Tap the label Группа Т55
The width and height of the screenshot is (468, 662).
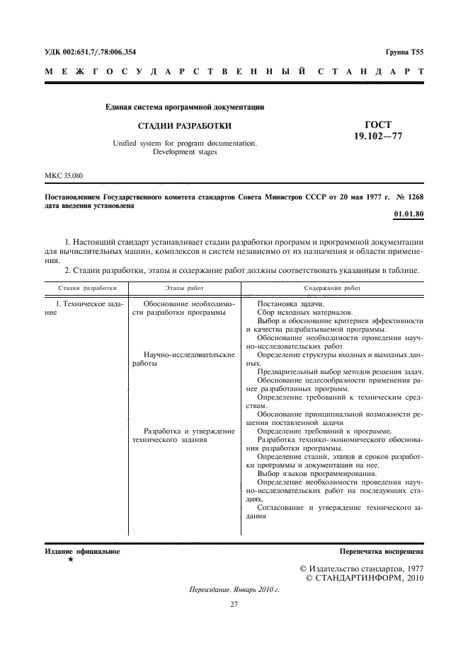click(404, 52)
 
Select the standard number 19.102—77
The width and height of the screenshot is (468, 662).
click(378, 136)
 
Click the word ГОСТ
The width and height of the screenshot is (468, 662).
click(377, 124)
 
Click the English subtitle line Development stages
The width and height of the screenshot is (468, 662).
click(186, 151)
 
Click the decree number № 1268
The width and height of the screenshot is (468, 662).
click(408, 196)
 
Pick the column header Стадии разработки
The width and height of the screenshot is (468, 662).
click(86, 289)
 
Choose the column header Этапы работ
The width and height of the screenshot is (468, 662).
click(184, 289)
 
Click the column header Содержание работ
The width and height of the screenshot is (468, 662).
click(332, 289)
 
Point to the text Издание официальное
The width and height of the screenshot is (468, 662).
click(82, 550)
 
